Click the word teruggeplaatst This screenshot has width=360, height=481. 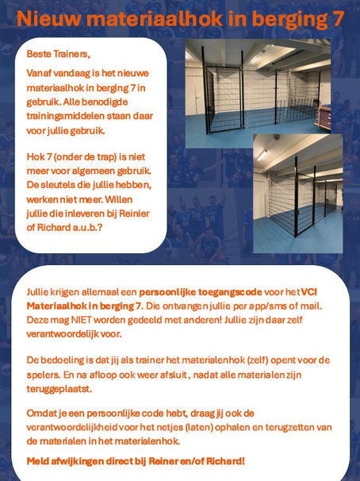61,390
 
